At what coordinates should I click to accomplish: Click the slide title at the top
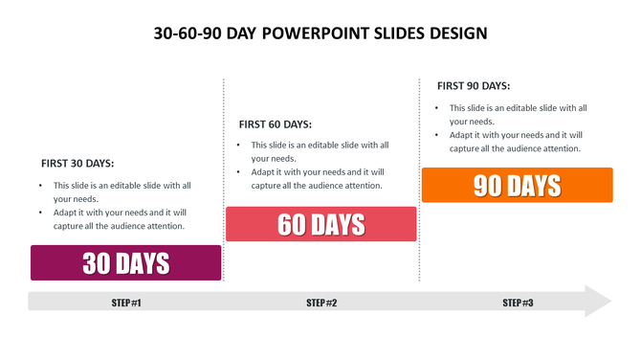click(320, 34)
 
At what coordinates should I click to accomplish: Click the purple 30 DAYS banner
click(126, 262)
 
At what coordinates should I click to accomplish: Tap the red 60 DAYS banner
click(320, 224)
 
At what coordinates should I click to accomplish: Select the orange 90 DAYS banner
click(517, 185)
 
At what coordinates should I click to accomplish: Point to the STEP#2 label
click(321, 303)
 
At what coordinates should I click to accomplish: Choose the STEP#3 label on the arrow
click(518, 303)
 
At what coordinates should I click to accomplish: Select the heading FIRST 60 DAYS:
click(275, 124)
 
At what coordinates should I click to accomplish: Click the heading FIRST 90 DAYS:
click(474, 85)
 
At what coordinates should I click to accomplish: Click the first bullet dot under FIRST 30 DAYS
click(40, 186)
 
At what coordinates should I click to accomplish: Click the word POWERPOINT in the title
click(320, 34)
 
